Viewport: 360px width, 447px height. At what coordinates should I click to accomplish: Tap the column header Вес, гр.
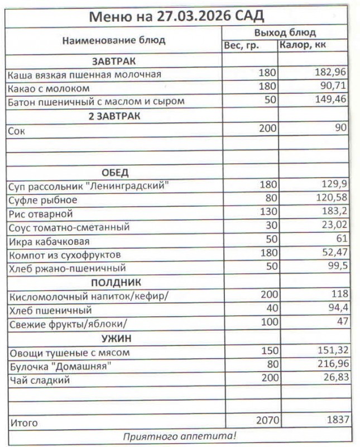click(x=241, y=46)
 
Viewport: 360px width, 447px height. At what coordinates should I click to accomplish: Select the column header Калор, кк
click(x=303, y=46)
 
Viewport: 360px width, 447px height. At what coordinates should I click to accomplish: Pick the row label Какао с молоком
click(x=49, y=88)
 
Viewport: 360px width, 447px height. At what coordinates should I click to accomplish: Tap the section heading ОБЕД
click(x=115, y=172)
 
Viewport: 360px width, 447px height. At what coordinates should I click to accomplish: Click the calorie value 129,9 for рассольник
click(x=333, y=185)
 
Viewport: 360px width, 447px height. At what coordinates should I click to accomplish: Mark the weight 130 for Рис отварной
click(x=268, y=213)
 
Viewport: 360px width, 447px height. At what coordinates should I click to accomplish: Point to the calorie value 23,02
click(x=333, y=226)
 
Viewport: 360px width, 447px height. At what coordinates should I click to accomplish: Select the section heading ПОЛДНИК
click(x=116, y=282)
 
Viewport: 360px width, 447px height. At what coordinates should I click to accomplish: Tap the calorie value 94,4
click(x=335, y=309)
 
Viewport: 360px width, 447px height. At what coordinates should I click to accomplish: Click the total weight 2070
click(x=265, y=420)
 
